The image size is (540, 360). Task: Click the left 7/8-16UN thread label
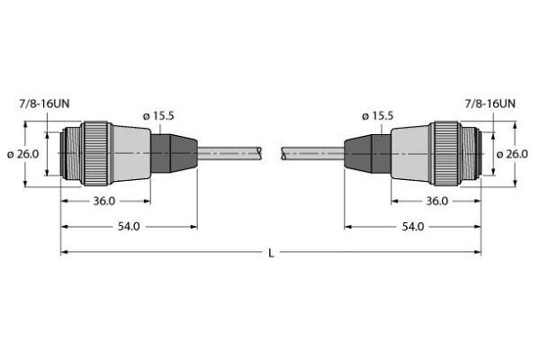tap(43, 105)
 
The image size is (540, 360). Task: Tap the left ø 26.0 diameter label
tap(23, 154)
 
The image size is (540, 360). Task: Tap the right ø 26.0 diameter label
tap(514, 154)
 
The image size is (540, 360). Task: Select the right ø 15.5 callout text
tap(378, 116)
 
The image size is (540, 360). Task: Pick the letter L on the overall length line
tap(271, 253)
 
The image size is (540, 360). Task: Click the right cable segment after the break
tap(311, 154)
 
